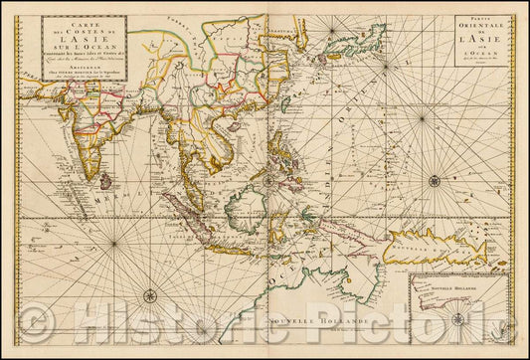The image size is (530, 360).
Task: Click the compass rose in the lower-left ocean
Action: (149, 295)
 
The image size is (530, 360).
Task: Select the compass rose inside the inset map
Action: (458, 319)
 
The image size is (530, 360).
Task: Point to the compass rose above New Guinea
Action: (434, 180)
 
